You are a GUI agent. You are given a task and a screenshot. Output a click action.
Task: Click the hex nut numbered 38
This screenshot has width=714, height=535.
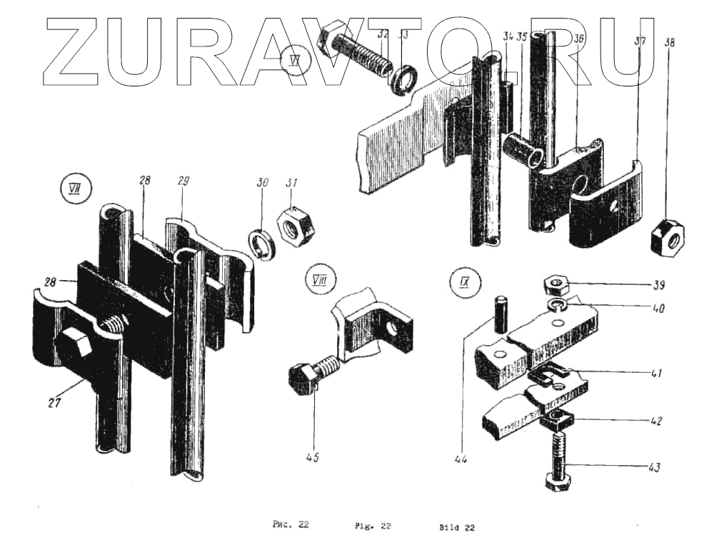(x=668, y=236)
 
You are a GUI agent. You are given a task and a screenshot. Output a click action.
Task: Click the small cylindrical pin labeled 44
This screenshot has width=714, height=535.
(x=498, y=312)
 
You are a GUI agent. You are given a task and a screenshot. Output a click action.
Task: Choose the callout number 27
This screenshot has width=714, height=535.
(x=55, y=402)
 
